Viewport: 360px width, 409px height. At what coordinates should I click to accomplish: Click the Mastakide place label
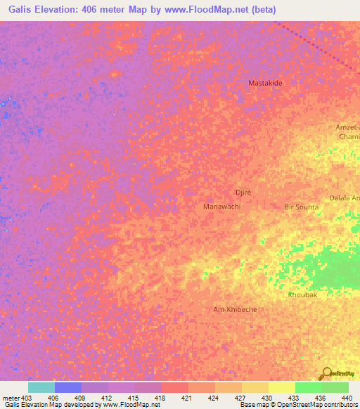(x=265, y=83)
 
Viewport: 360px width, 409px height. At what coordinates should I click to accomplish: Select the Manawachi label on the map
(x=221, y=207)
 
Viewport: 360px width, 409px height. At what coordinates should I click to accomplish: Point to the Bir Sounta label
(x=301, y=207)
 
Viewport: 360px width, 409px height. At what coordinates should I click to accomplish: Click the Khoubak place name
(x=302, y=294)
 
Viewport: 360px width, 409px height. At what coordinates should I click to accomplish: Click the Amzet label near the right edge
(x=347, y=126)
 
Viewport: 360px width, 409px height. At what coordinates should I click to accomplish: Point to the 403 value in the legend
(x=22, y=397)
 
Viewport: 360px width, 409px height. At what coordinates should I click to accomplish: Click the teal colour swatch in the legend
(x=41, y=387)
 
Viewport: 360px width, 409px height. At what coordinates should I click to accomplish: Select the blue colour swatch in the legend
(x=68, y=387)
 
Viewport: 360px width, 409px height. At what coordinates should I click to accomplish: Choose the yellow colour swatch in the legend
(x=281, y=387)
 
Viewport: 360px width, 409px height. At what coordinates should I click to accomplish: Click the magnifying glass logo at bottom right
(x=327, y=375)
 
